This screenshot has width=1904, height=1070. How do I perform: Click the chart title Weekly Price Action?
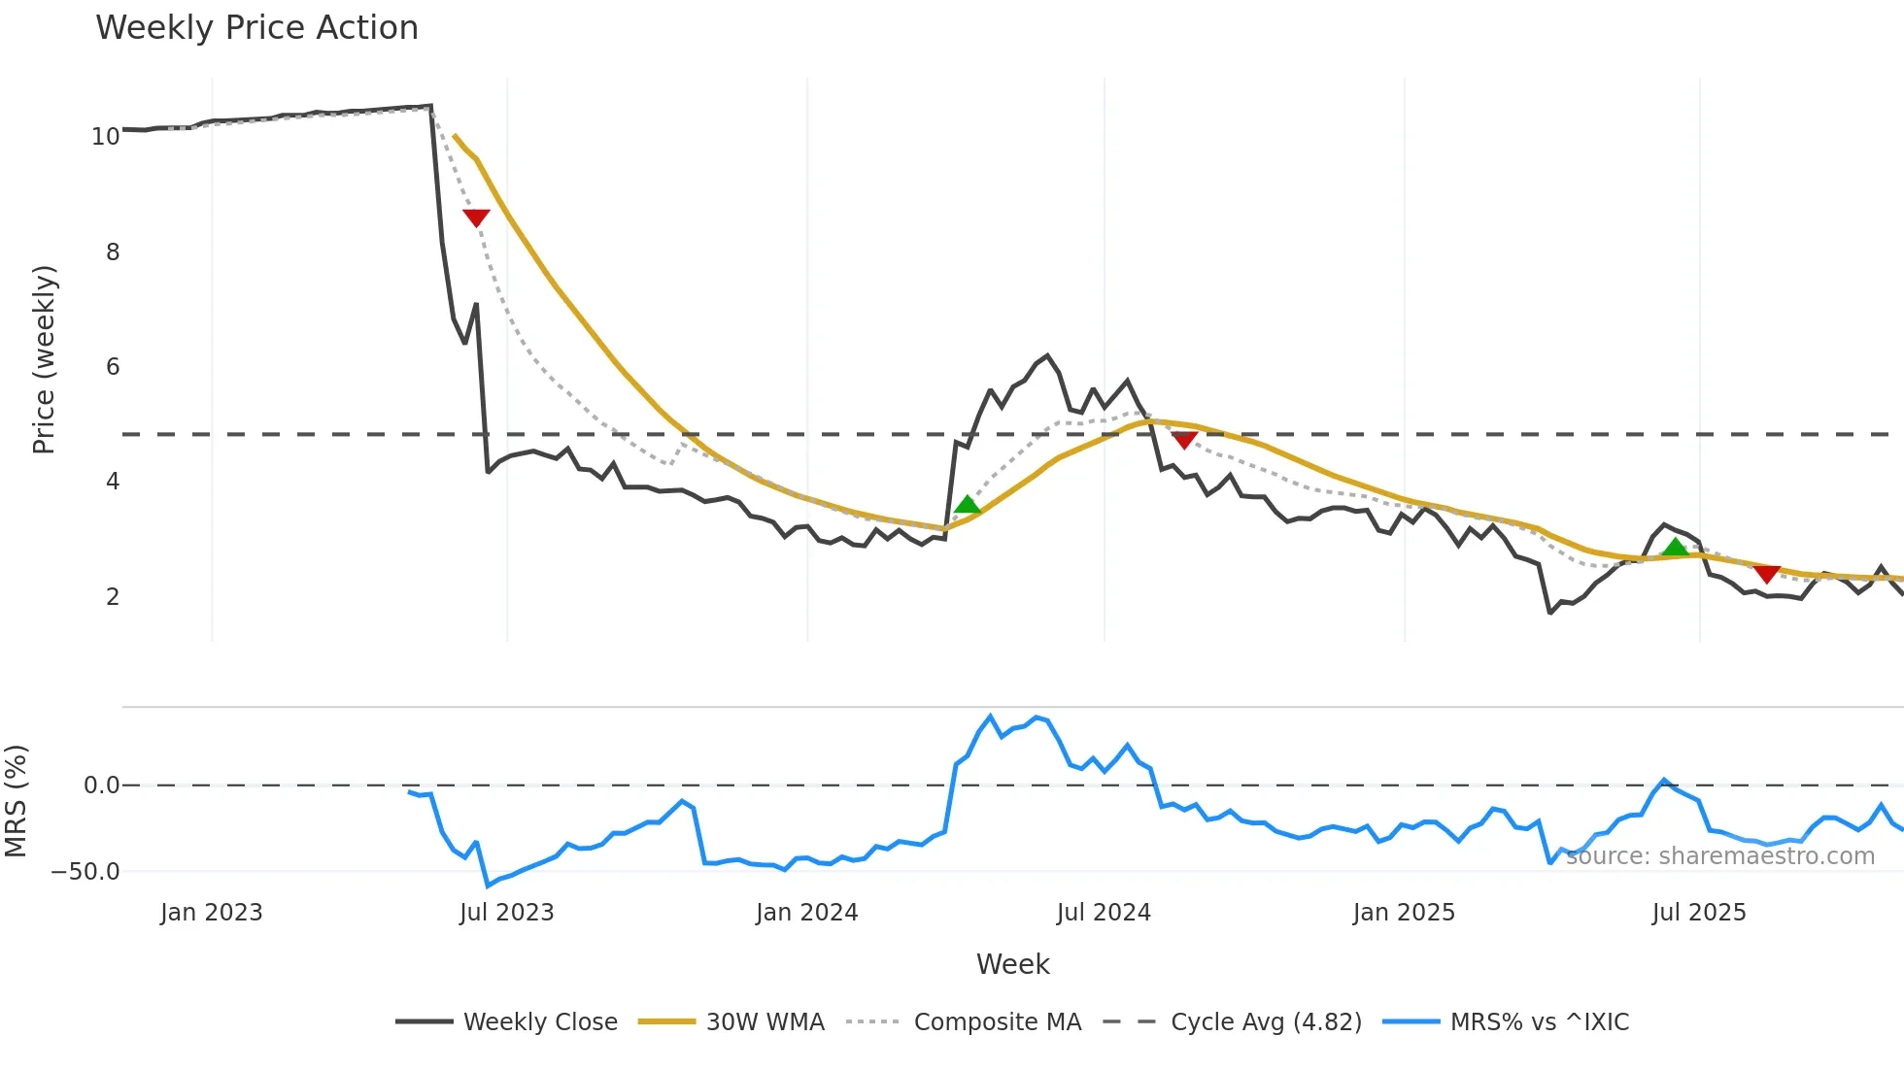coord(256,28)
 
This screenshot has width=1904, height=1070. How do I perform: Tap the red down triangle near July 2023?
coord(476,217)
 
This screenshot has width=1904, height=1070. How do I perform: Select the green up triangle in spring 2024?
coord(968,504)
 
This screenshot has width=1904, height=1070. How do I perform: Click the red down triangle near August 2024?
coord(1184,440)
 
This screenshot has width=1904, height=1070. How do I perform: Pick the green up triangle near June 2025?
coord(1675,548)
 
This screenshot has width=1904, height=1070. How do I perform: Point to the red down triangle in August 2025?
coord(1767,574)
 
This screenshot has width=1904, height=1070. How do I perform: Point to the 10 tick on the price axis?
coord(105,137)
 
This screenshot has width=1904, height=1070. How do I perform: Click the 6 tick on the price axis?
coord(113,367)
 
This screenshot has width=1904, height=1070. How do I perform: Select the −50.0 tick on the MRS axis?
coord(85,871)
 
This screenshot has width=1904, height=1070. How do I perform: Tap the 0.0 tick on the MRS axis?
coord(101,786)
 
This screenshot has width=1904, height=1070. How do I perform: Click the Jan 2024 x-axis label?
coord(806,913)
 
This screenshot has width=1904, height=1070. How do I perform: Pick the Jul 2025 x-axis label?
coord(1698,913)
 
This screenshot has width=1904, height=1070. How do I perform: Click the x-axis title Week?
coord(1012,964)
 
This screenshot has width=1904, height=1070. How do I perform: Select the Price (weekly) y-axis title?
coord(44,359)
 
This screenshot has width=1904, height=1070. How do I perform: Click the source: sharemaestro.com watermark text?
coord(1719,856)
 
